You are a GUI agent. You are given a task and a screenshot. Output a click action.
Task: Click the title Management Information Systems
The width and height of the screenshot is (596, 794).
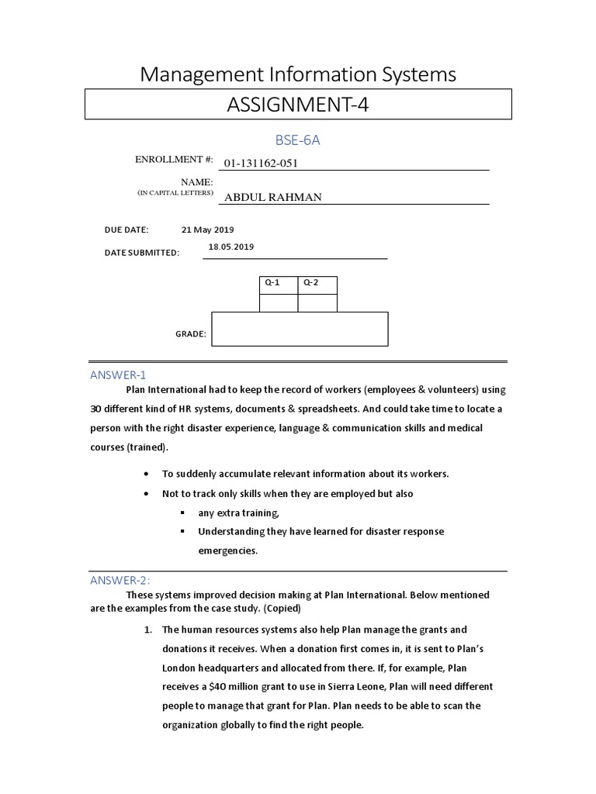pyautogui.click(x=297, y=74)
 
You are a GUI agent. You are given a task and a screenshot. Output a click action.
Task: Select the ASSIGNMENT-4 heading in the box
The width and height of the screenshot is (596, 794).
pyautogui.click(x=297, y=105)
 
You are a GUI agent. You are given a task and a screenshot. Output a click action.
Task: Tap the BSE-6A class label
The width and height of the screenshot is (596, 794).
pyautogui.click(x=297, y=140)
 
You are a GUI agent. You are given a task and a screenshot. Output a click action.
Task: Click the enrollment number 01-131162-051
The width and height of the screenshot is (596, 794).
pyautogui.click(x=261, y=164)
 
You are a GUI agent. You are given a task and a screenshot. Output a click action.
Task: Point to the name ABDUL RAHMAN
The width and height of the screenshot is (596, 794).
pyautogui.click(x=272, y=197)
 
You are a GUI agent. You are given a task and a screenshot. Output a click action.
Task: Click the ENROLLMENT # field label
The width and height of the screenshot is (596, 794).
pyautogui.click(x=175, y=159)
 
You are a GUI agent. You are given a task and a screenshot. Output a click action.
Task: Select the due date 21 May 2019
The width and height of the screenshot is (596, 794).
pyautogui.click(x=207, y=230)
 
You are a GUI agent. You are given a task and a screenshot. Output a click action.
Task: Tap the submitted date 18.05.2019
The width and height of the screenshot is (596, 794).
pyautogui.click(x=231, y=247)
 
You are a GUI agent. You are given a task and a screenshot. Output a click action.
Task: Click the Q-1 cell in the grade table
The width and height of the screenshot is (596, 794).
pyautogui.click(x=272, y=282)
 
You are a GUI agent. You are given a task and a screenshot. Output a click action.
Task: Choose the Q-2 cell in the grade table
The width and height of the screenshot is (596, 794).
pyautogui.click(x=311, y=282)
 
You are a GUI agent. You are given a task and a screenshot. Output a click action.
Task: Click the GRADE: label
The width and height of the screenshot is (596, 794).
pyautogui.click(x=191, y=334)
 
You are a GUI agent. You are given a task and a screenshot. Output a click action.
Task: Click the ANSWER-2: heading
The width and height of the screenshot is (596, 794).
pyautogui.click(x=120, y=580)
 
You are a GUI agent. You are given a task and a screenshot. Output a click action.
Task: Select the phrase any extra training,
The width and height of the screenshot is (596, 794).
pyautogui.click(x=238, y=513)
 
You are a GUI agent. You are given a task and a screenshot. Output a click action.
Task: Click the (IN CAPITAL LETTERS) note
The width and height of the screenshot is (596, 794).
pyautogui.click(x=175, y=192)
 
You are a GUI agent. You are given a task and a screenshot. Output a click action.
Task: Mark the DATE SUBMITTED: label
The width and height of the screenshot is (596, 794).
pyautogui.click(x=142, y=253)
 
